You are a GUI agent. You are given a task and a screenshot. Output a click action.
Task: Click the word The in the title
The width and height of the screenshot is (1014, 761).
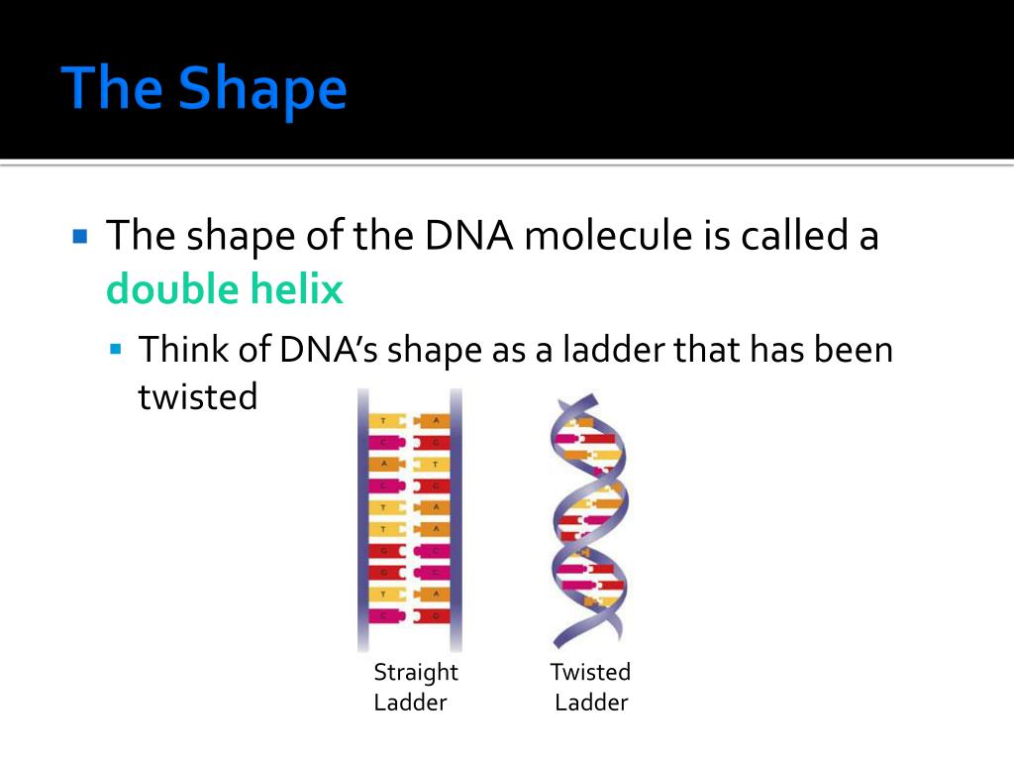pos(111,89)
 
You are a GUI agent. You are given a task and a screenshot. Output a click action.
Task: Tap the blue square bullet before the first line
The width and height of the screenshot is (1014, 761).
pos(81,238)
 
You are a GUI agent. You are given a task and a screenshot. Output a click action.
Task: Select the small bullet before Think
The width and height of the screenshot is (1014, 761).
pos(116,350)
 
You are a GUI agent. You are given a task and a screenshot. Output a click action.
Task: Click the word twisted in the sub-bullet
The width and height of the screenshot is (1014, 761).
pos(197,397)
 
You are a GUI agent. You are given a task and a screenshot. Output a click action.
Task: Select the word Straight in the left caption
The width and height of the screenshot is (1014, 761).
pos(415,673)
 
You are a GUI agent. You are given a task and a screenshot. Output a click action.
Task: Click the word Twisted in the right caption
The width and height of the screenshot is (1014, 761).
pos(590,673)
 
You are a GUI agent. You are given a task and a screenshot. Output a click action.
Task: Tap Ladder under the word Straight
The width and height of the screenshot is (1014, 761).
pos(410,704)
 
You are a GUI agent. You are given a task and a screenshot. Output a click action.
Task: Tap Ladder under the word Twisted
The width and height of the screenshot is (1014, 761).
pos(591,704)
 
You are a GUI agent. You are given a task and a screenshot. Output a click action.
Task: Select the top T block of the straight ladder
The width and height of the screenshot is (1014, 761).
pos(383,420)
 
